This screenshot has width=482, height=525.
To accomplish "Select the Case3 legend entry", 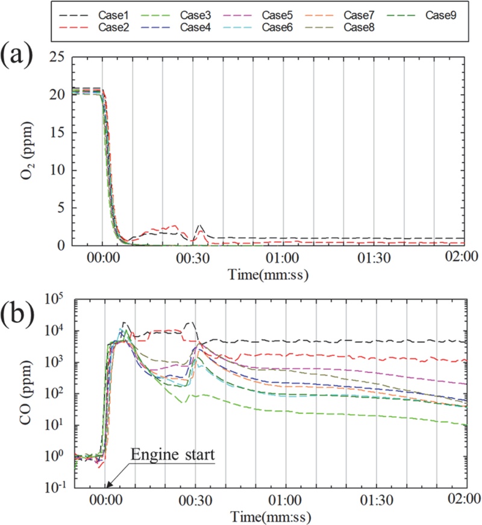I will coord(172,15).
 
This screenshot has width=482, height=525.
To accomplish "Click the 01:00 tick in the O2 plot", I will coord(283,257).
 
